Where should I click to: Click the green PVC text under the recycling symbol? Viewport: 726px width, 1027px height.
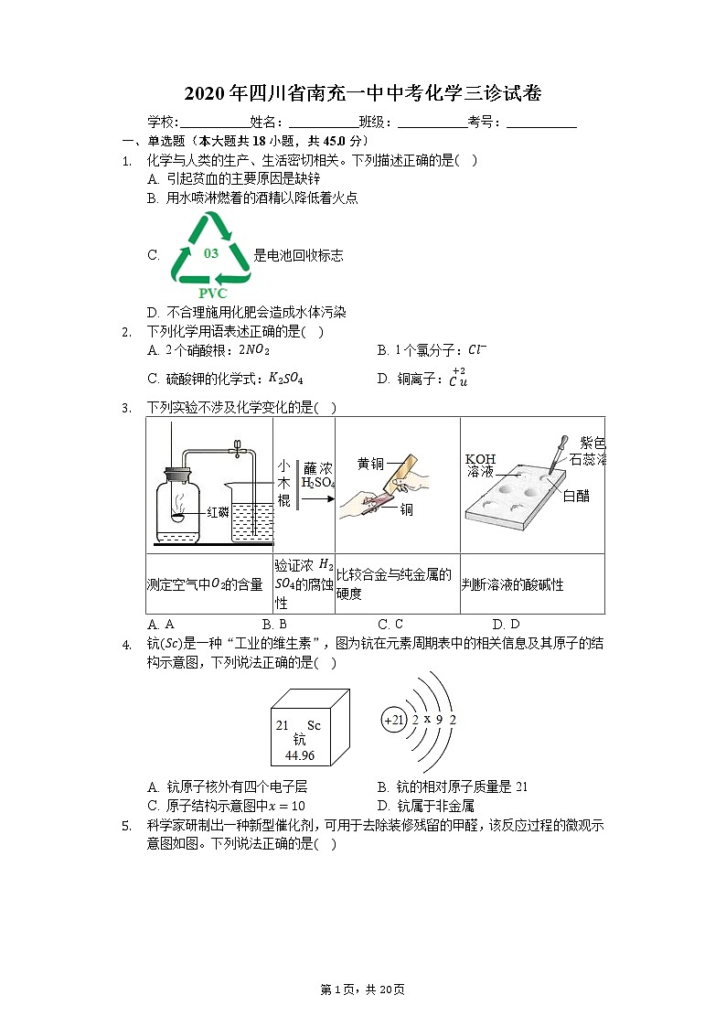[212, 294]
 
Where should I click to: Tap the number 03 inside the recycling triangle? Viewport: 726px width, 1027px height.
[211, 253]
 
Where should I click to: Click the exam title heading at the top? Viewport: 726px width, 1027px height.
[363, 93]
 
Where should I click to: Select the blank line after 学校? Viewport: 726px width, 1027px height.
[214, 123]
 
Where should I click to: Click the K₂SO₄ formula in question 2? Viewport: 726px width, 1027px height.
[285, 378]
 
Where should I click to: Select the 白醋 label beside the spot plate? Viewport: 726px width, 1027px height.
[576, 497]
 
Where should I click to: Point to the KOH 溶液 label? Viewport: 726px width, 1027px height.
[480, 465]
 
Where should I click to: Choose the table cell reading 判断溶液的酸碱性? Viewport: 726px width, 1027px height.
[512, 584]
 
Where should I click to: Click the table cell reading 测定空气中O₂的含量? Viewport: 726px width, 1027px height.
[205, 584]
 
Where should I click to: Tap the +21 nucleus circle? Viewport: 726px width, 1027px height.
[394, 720]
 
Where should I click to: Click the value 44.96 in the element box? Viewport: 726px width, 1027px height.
[300, 755]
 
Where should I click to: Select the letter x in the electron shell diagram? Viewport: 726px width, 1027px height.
[427, 719]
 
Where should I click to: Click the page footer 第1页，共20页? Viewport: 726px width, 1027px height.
[362, 990]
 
